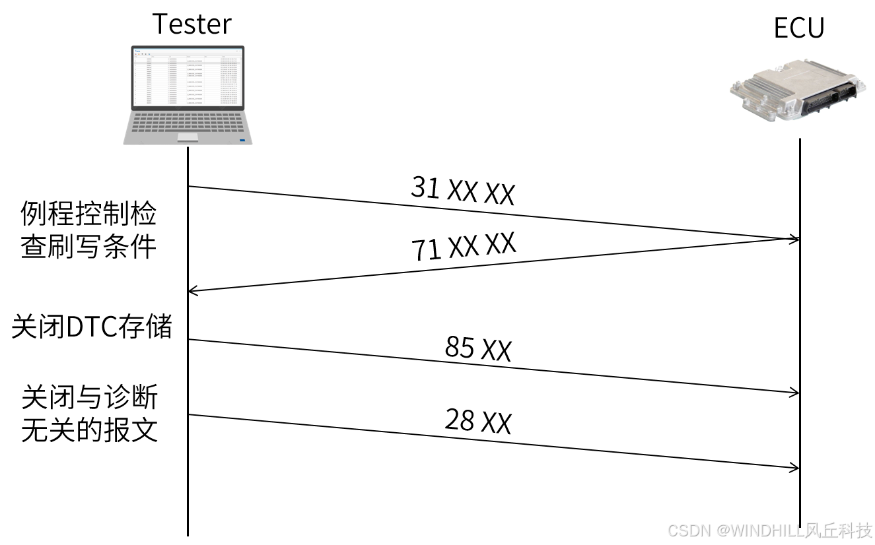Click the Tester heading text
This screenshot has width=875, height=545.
click(192, 24)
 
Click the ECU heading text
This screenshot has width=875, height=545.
click(799, 29)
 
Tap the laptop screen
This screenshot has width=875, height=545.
click(188, 77)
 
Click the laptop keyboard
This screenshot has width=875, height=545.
click(188, 123)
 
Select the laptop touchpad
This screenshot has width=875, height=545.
click(188, 137)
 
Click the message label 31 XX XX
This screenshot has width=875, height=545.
click(462, 191)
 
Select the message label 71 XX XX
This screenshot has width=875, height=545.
click(463, 247)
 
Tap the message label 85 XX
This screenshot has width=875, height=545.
click(478, 348)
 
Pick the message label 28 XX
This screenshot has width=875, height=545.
click(478, 421)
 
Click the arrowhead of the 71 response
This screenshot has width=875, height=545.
click(193, 290)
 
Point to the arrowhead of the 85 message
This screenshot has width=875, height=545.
click(794, 393)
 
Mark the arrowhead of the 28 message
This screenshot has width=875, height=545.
click(794, 468)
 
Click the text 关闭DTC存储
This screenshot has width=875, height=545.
click(92, 327)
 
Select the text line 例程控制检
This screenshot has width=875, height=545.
click(89, 215)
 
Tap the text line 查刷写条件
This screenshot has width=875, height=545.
click(89, 247)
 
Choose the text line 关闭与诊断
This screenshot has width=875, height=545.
click(90, 399)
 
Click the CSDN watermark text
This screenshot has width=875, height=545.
click(770, 530)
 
